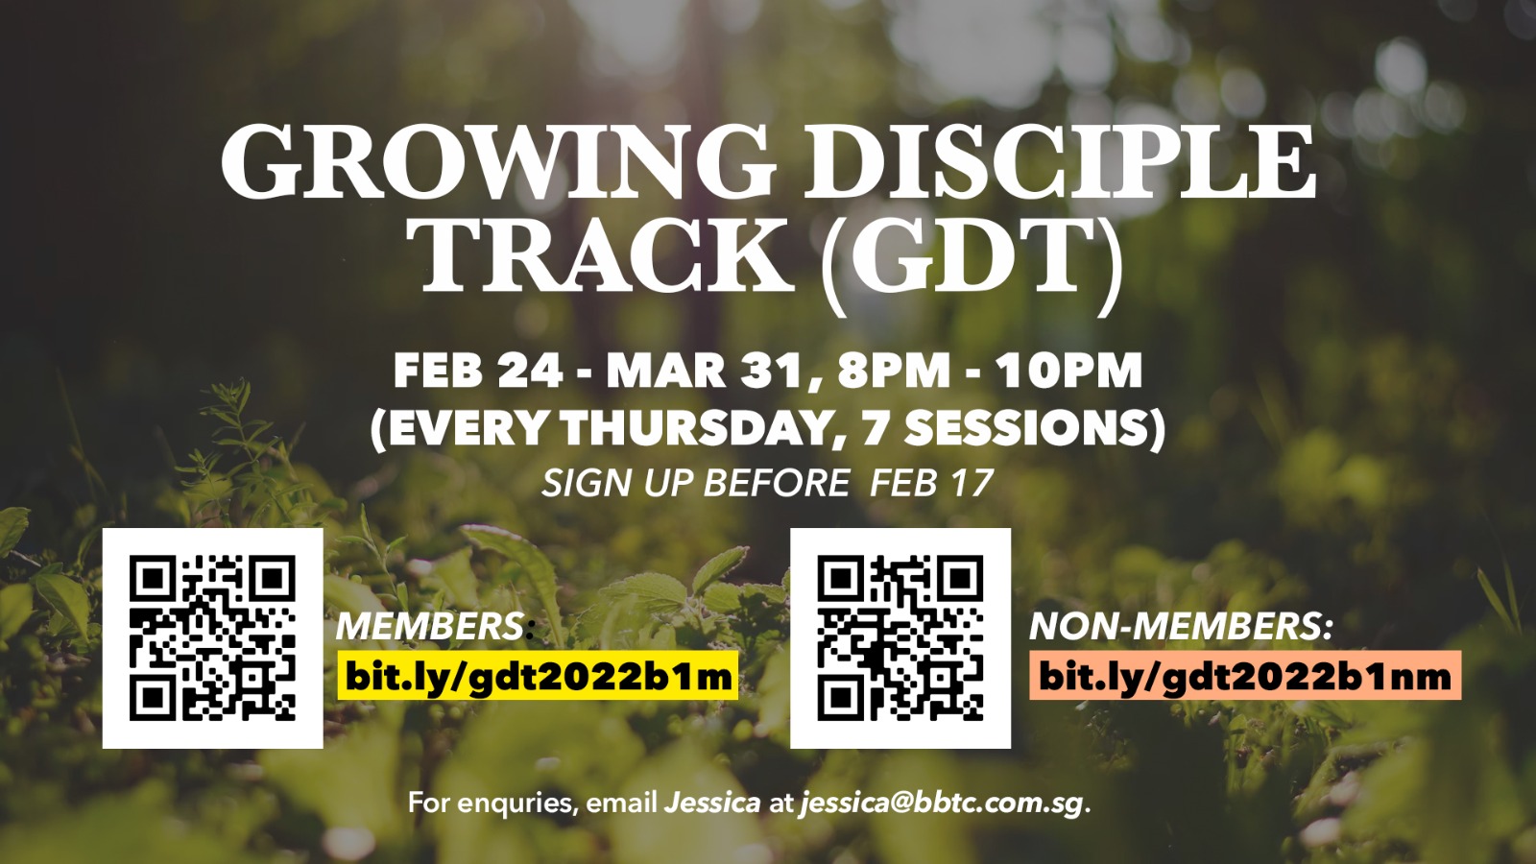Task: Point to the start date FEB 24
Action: (478, 371)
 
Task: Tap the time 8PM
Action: (894, 371)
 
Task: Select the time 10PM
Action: (1069, 371)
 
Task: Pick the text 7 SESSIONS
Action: (1003, 428)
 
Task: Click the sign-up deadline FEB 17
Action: (931, 483)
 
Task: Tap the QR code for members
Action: (212, 637)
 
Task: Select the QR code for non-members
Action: (900, 637)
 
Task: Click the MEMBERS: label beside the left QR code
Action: (435, 627)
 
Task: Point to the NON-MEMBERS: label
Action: (1181, 627)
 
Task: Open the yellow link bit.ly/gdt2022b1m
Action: (538, 676)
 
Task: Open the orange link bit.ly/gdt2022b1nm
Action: (1245, 676)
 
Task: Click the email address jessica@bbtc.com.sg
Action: (942, 804)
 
